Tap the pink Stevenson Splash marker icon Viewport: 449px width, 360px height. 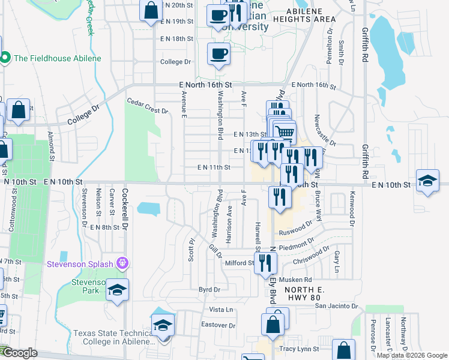[123, 263]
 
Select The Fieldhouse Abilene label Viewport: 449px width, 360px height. [57, 58]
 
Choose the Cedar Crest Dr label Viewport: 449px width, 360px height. [148, 110]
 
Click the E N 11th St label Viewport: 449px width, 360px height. [214, 168]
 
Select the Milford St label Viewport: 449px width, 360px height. [240, 263]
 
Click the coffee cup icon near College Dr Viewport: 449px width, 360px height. [218, 54]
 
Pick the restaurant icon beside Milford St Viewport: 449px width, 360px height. [265, 262]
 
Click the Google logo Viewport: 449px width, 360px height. [20, 353]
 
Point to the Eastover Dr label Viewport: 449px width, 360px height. [218, 325]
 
